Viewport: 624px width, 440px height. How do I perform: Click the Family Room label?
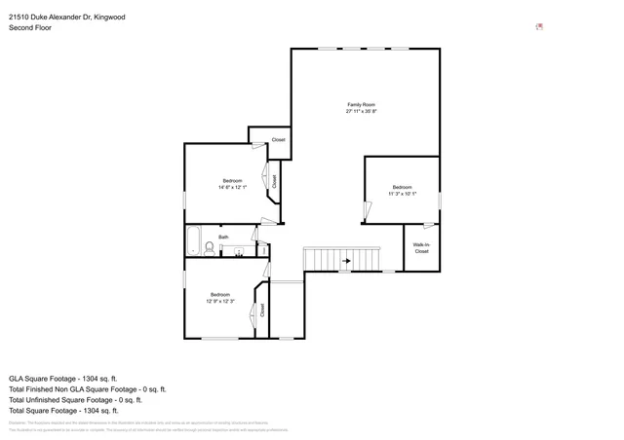362,104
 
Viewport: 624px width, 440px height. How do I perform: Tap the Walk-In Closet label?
421,248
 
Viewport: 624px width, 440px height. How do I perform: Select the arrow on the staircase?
345,261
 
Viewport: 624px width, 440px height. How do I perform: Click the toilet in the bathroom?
209,249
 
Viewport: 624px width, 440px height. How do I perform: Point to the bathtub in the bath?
193,240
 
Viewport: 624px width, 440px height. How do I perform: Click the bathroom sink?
239,251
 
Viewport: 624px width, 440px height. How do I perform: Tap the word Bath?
223,237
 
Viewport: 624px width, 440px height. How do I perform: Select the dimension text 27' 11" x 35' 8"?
362,112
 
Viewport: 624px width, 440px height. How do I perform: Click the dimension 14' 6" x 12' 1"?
232,188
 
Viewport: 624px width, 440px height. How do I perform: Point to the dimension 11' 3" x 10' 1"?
403,194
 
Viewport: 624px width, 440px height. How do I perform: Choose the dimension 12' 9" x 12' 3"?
220,302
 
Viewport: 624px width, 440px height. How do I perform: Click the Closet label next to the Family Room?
278,140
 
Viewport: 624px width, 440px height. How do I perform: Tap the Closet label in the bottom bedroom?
262,311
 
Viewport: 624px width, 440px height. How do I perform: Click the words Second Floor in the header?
30,28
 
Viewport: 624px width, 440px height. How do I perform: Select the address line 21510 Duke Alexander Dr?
66,17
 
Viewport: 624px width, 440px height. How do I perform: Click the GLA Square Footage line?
62,378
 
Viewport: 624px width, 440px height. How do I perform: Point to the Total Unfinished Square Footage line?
75,399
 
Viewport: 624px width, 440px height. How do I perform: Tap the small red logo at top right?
539,26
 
